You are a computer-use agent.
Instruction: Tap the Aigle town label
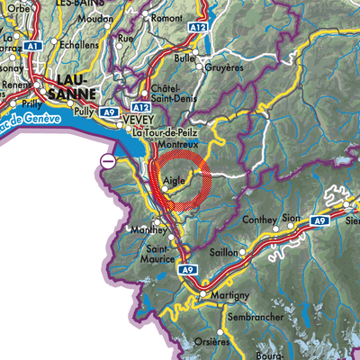tap(174, 180)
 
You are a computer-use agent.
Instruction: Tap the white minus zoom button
tap(107, 161)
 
